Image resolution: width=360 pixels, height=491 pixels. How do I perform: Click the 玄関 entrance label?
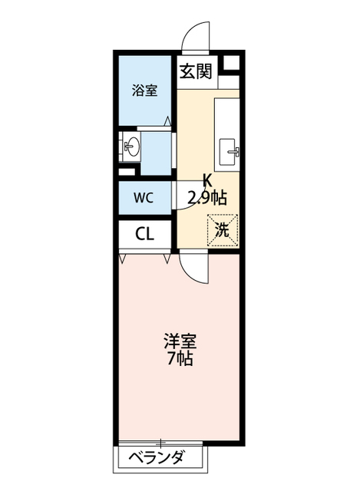[x=197, y=72]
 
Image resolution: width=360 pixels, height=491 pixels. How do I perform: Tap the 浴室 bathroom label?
[x=144, y=90]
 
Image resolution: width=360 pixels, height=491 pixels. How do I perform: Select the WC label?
[x=144, y=197]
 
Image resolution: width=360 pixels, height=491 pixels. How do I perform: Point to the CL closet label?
[x=144, y=234]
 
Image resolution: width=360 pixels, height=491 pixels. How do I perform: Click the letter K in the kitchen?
[x=207, y=182]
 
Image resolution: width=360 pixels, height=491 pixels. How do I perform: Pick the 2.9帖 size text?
[x=207, y=197]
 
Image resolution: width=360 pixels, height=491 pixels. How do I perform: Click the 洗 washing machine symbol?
[x=223, y=229]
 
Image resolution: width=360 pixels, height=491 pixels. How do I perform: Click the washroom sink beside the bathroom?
[x=131, y=147]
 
